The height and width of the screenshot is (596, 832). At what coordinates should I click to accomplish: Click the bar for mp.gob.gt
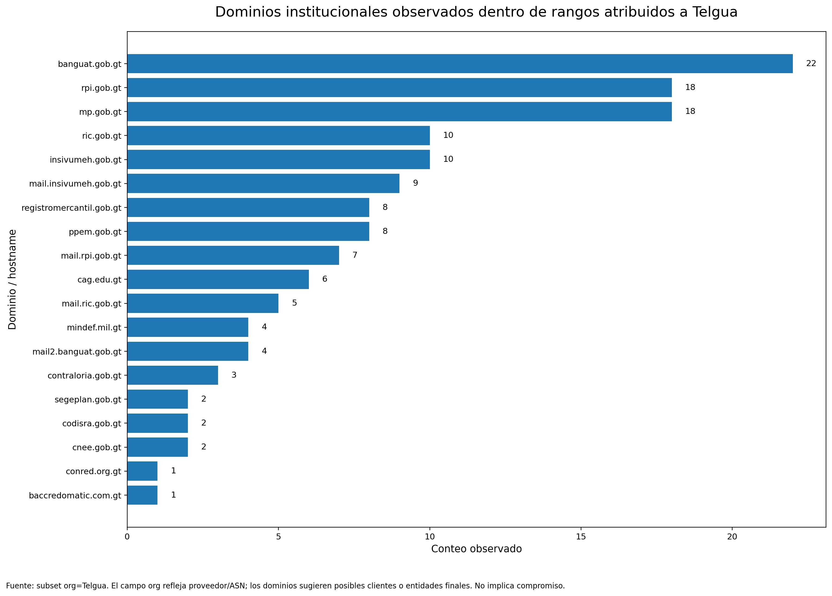pos(399,111)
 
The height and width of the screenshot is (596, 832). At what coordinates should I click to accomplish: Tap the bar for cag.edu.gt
pos(218,279)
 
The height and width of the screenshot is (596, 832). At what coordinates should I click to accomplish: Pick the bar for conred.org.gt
pos(142,471)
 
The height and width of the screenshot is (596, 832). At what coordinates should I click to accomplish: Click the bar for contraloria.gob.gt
pos(172,375)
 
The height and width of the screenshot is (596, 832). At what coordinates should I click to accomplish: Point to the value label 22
pos(811,63)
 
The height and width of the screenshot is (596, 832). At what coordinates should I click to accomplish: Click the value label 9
pos(415,183)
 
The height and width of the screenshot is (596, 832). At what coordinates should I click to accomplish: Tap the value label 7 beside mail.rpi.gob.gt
pos(355,255)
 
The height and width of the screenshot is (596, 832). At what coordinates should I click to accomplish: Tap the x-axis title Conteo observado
pos(476,549)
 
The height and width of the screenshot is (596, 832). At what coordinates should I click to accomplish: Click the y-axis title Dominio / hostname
pos(12,280)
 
